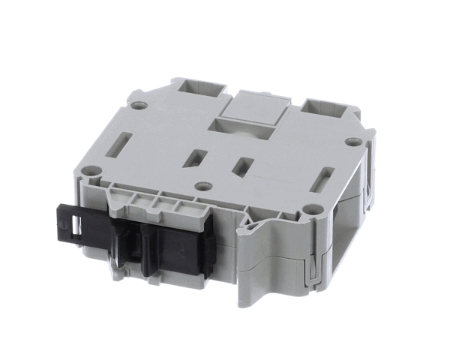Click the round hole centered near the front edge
point(200,186)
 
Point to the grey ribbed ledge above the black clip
point(161,202)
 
